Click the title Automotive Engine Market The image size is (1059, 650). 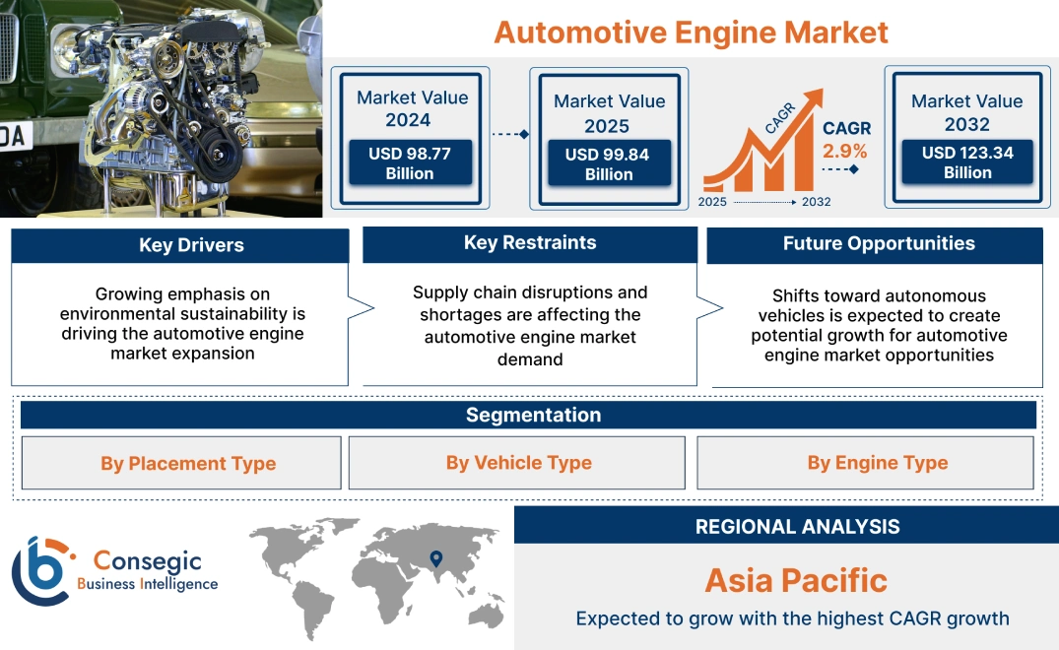click(x=691, y=32)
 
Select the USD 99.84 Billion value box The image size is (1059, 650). click(x=609, y=164)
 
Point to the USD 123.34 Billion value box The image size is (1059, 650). click(x=967, y=162)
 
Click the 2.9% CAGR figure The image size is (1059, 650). click(x=845, y=152)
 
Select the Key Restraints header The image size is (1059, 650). click(x=530, y=243)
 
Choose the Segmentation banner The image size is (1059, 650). click(x=533, y=415)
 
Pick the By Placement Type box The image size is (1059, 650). click(x=187, y=464)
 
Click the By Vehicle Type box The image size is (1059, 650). click(x=518, y=463)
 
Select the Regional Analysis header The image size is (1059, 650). click(x=797, y=527)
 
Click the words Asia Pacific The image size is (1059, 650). click(x=796, y=579)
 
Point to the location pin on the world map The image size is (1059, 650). click(x=435, y=560)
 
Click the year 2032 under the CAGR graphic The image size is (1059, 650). click(x=816, y=202)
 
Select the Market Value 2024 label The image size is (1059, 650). click(x=412, y=108)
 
